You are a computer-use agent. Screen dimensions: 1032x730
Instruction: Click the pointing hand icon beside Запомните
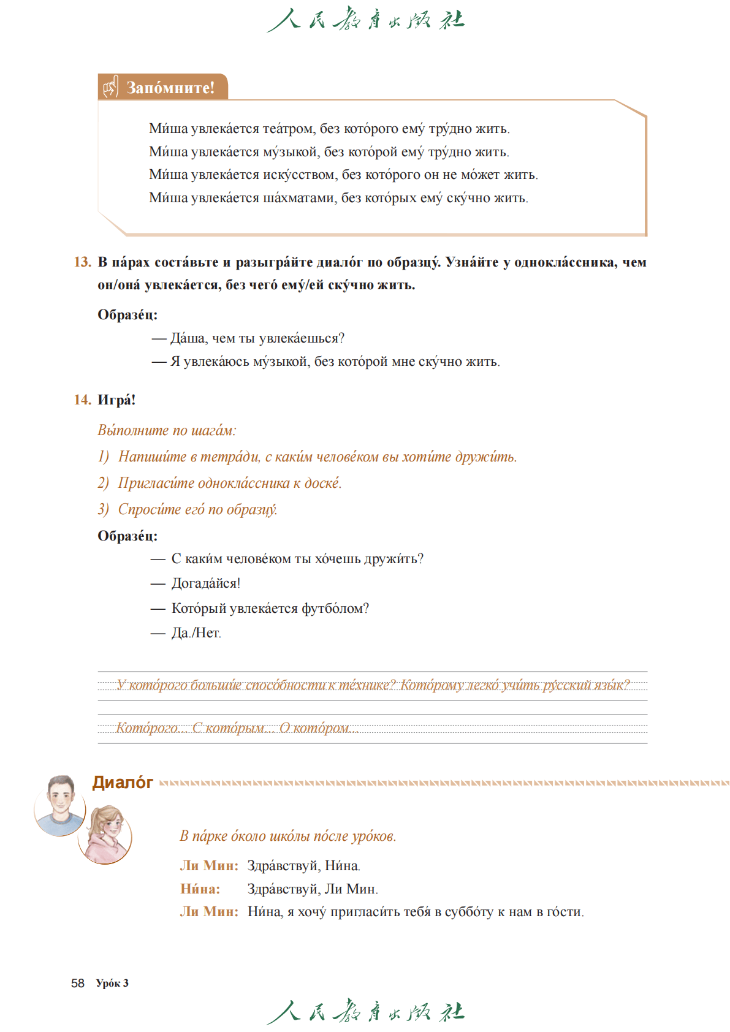tap(110, 87)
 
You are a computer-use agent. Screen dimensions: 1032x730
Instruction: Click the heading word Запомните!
tap(170, 88)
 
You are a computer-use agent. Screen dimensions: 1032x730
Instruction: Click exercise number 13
tap(82, 262)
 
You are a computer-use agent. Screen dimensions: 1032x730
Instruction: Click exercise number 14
tap(82, 400)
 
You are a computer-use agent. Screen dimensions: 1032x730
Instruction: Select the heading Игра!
tap(116, 400)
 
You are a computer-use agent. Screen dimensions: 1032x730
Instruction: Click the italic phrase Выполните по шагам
tap(167, 430)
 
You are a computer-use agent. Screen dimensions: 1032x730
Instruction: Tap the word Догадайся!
tap(206, 583)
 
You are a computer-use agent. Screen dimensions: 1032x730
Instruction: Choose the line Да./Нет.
tap(196, 633)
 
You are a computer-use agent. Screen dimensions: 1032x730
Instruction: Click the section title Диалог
tap(123, 783)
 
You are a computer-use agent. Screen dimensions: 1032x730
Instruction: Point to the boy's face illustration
tap(60, 803)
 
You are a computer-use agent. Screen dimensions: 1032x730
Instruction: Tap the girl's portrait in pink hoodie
tap(105, 835)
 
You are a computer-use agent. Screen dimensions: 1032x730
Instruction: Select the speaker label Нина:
tap(200, 889)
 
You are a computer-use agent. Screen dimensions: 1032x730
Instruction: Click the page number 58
tap(78, 983)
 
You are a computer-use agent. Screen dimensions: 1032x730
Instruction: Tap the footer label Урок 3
tap(112, 983)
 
